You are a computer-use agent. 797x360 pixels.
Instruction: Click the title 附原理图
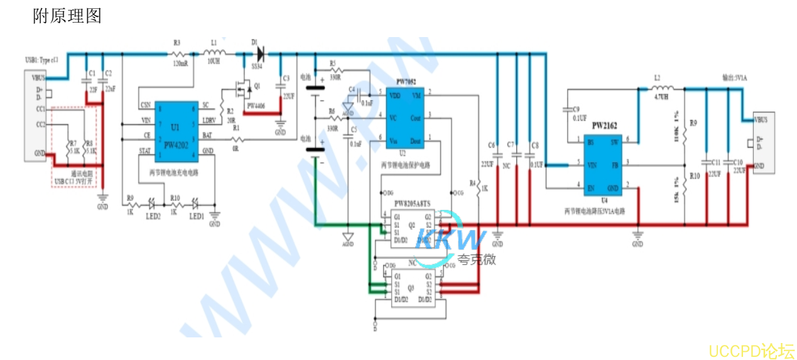(x=67, y=16)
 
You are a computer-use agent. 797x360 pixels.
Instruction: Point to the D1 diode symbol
(x=259, y=55)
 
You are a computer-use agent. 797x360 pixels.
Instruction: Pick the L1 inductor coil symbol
(x=214, y=55)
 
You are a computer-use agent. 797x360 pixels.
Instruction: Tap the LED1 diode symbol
(x=195, y=204)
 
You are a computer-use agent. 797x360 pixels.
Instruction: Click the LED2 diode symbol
(x=151, y=204)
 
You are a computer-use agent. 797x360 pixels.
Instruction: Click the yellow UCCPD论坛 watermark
(x=752, y=351)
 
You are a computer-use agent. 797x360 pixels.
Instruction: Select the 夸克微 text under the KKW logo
(x=477, y=258)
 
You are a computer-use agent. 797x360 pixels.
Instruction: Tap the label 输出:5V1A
(x=735, y=77)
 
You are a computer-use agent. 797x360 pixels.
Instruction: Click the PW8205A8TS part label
(x=413, y=204)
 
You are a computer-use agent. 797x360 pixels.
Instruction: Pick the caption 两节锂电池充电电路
(x=173, y=172)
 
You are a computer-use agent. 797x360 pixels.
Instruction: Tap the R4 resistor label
(x=472, y=184)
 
